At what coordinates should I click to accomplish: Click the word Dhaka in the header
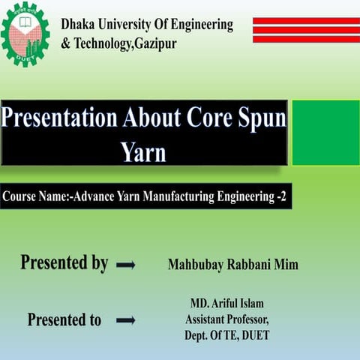(x=80, y=25)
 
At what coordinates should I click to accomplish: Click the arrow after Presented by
(x=126, y=265)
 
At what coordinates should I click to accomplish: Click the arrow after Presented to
(x=125, y=320)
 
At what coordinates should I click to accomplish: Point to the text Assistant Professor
(x=226, y=319)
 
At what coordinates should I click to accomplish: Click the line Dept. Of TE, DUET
(x=226, y=335)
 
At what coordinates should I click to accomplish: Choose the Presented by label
(x=64, y=263)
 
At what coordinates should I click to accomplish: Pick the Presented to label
(x=64, y=320)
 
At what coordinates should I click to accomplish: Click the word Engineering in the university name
(x=196, y=25)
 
